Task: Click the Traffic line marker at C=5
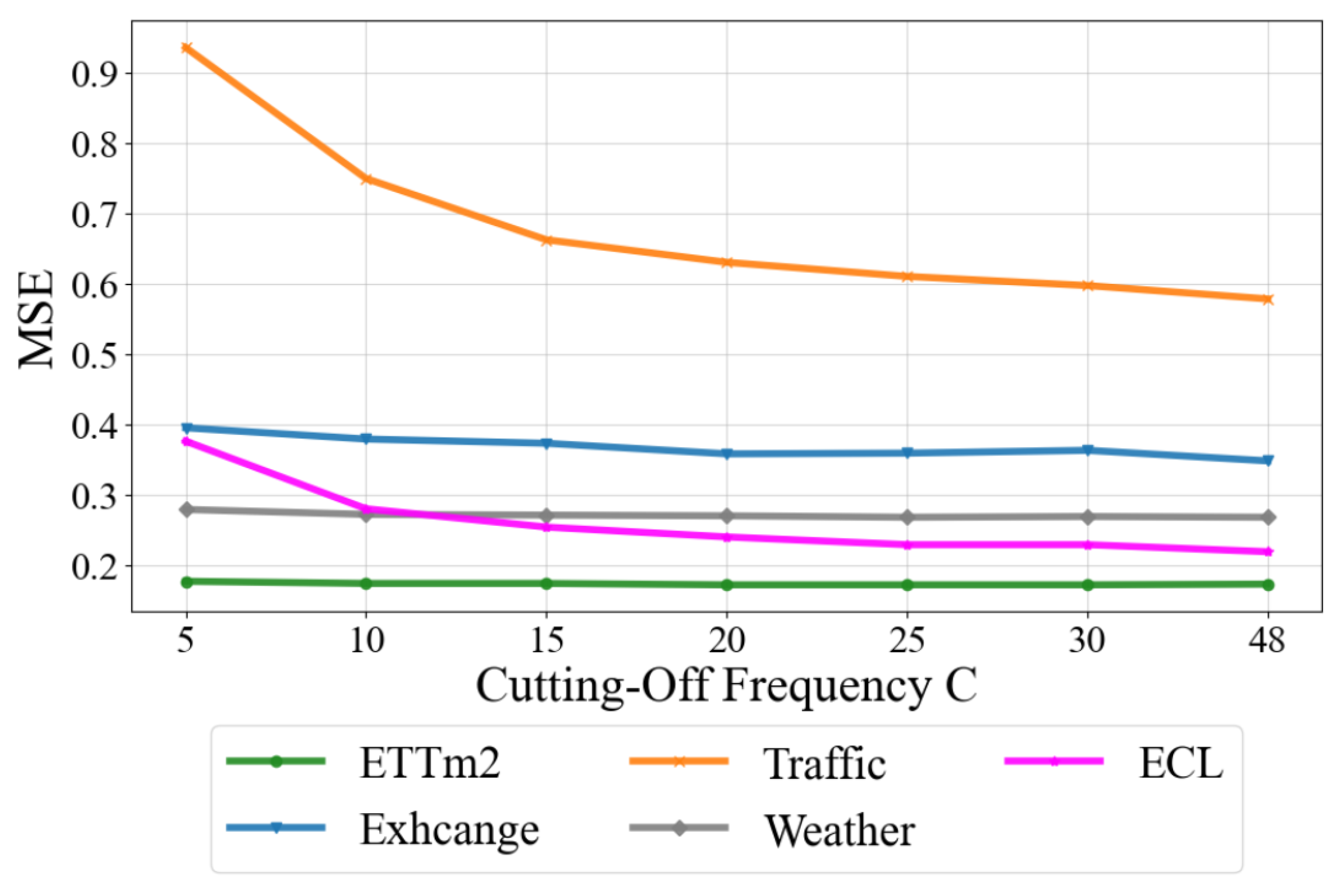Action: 187,48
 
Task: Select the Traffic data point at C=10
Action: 366,180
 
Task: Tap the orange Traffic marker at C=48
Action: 1267,300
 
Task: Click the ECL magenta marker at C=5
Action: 187,442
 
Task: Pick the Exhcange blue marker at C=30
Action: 1087,450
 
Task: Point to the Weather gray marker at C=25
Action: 907,517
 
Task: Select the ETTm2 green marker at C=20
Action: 727,585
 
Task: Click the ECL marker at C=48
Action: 1267,551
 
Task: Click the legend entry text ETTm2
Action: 430,763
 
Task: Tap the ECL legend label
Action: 1181,763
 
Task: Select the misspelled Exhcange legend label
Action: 449,829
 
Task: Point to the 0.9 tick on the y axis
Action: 94,74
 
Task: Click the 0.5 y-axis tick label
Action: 94,355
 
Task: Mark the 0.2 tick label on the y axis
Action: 94,566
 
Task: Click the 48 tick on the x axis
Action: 1266,641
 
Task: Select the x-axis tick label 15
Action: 547,641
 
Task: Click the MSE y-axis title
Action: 36,319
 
